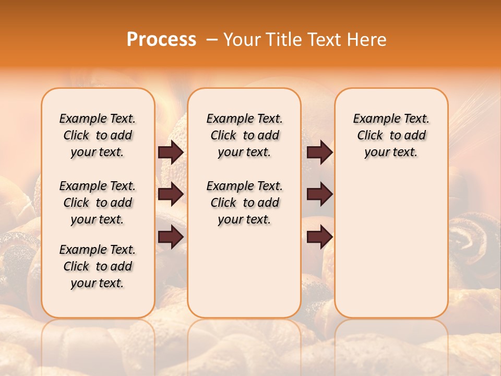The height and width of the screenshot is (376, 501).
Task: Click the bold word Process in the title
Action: pos(161,40)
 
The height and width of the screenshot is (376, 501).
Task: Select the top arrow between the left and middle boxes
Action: pos(171,152)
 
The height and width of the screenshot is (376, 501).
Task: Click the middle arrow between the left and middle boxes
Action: pos(171,194)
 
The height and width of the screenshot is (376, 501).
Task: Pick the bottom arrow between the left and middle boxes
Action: pos(171,237)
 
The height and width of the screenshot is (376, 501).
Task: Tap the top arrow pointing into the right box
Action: pos(319,152)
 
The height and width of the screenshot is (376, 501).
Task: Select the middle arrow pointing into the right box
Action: pos(319,194)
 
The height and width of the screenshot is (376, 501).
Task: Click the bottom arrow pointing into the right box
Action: pos(319,237)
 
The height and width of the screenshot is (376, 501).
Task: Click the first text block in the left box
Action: pos(98,135)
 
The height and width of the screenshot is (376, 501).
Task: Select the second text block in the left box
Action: pos(98,203)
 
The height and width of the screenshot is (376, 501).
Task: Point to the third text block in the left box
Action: pos(98,266)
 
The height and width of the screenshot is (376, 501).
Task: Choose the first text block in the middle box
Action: pos(244,135)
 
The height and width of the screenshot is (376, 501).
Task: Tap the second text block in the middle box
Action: pos(244,203)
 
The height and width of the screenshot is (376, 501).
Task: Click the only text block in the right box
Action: pos(391,135)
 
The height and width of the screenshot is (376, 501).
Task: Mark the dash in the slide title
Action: pos(211,40)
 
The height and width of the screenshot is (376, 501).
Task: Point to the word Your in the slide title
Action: pos(242,40)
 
